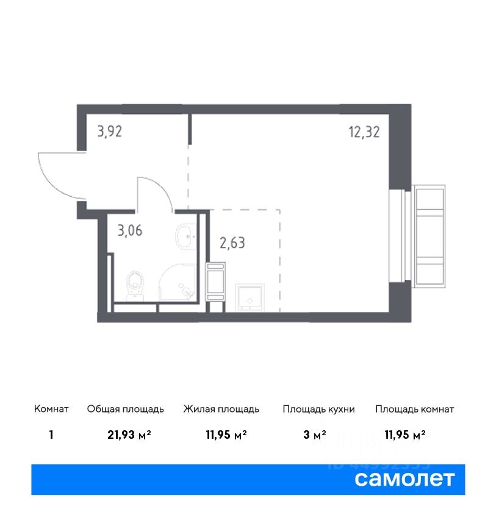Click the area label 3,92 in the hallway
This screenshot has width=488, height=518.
click(x=109, y=132)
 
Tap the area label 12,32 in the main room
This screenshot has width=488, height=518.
click(x=364, y=132)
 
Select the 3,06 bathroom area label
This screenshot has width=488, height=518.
click(x=130, y=230)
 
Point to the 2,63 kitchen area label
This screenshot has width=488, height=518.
click(x=232, y=243)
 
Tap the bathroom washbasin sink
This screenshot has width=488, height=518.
click(x=186, y=236)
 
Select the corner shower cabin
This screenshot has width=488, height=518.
click(x=178, y=282)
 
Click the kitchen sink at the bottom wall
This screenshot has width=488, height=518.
click(x=250, y=297)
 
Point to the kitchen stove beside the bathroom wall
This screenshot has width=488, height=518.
click(x=215, y=282)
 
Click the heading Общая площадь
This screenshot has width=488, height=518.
click(x=125, y=409)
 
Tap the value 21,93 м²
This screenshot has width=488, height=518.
click(x=129, y=435)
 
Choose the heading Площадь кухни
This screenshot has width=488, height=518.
click(x=318, y=409)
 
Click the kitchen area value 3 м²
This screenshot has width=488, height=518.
click(x=315, y=435)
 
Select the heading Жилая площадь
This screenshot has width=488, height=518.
click(x=221, y=409)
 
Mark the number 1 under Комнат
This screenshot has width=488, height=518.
click(x=51, y=435)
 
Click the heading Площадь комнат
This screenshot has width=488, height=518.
click(x=415, y=409)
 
